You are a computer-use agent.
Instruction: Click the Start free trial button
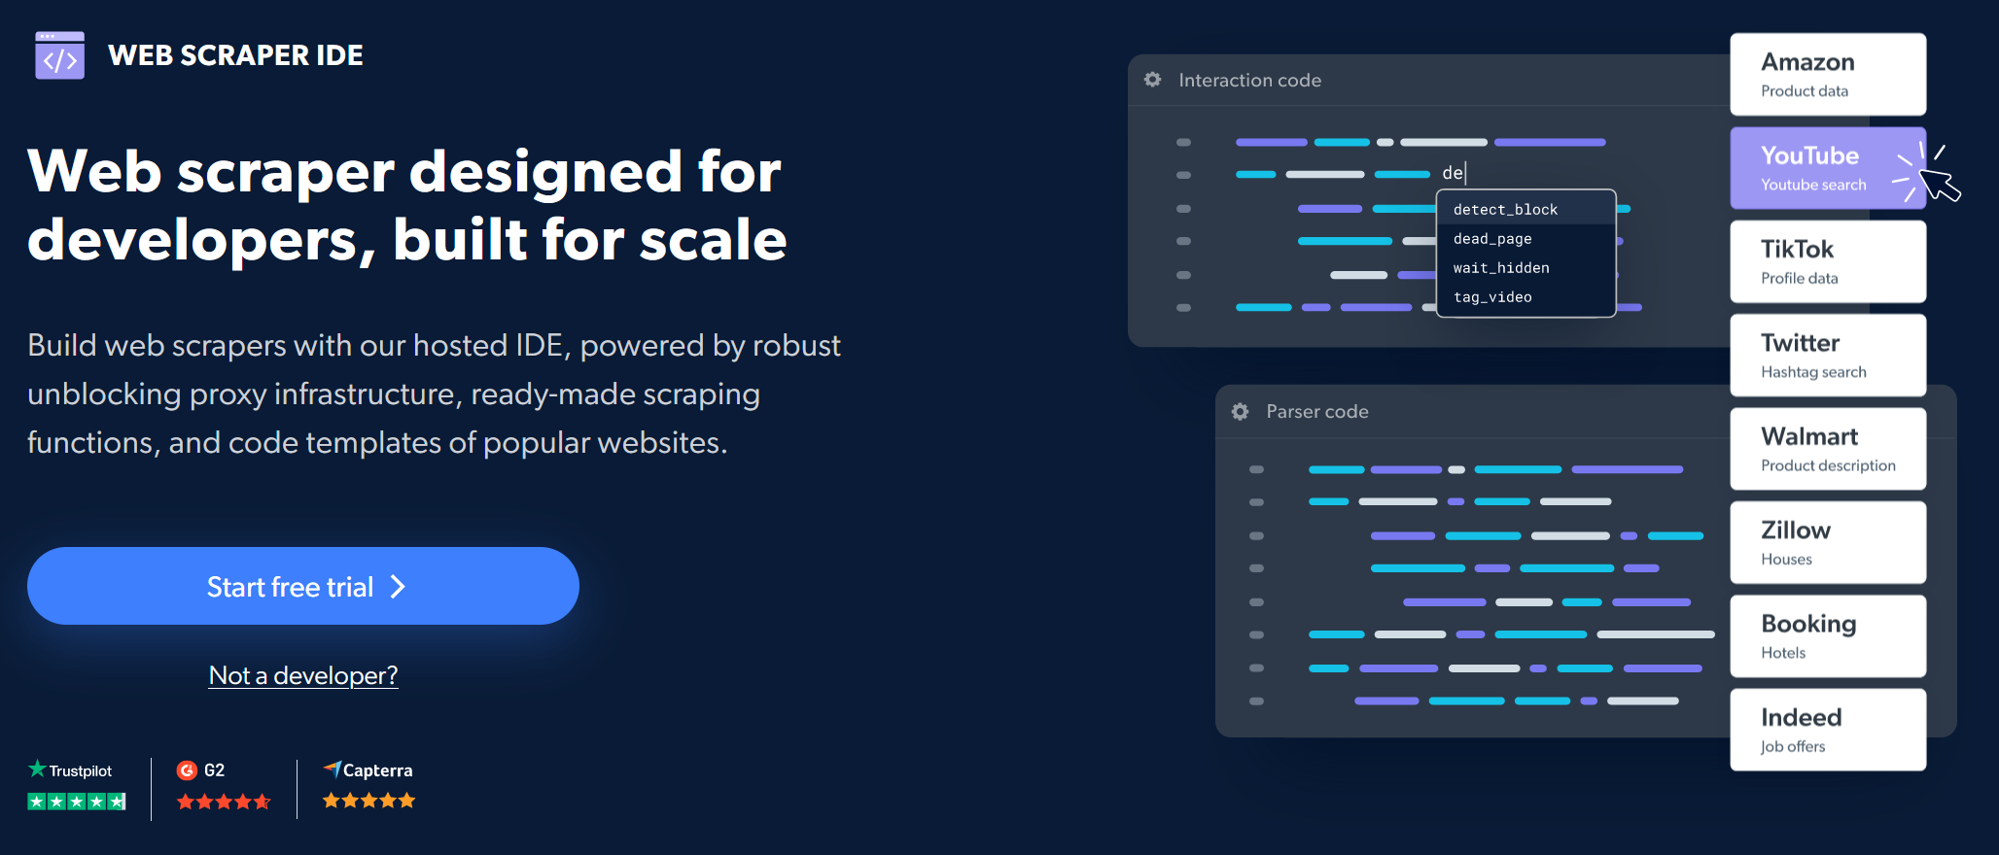(x=303, y=586)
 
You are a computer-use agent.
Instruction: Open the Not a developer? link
(x=303, y=675)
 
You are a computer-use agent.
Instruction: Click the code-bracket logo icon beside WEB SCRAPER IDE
(x=59, y=55)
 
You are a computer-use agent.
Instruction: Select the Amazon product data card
(x=1828, y=75)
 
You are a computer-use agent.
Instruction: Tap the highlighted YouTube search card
(x=1828, y=168)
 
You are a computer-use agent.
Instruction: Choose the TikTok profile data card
(x=1828, y=261)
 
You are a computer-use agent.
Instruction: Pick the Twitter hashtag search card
(x=1828, y=355)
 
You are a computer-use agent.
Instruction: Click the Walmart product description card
(x=1828, y=449)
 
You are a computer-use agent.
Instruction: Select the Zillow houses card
(x=1828, y=542)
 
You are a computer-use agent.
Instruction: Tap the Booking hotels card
(x=1828, y=636)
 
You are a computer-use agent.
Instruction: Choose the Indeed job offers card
(x=1828, y=730)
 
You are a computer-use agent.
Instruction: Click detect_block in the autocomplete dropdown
(x=1505, y=210)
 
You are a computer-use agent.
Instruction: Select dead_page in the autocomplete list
(x=1492, y=239)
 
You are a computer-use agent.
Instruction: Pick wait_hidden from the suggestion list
(x=1501, y=268)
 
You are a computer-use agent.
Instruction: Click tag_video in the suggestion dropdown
(x=1492, y=297)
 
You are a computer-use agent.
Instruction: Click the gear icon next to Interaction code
(x=1153, y=80)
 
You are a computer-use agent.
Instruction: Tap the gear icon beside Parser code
(x=1241, y=412)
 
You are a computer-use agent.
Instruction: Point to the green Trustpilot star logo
(x=37, y=769)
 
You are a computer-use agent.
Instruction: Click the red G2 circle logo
(x=187, y=770)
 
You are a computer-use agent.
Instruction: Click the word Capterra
(x=378, y=770)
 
